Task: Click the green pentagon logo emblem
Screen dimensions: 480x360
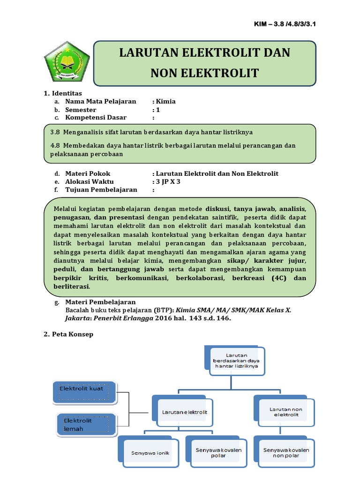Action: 67,63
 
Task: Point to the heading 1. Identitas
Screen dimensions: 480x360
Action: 63,93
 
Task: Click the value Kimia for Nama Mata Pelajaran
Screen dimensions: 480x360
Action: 166,101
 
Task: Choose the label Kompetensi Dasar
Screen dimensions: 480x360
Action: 96,117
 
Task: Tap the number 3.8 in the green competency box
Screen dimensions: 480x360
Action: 55,132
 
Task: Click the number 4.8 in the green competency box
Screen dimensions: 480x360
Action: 55,145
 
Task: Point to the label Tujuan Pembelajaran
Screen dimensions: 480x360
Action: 101,189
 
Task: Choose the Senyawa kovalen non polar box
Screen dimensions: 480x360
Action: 286,453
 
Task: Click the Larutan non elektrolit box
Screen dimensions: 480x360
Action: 286,412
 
